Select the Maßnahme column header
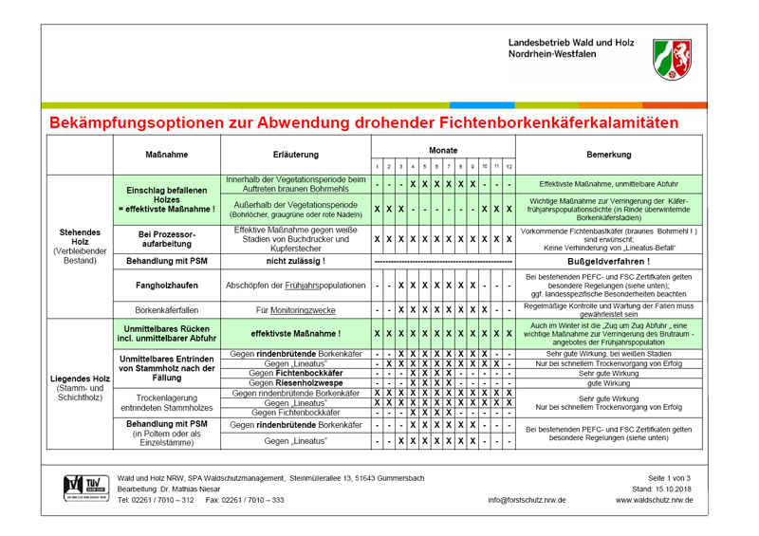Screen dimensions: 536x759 [x=165, y=154]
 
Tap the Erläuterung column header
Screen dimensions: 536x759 [x=295, y=154]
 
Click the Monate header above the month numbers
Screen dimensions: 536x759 [x=443, y=150]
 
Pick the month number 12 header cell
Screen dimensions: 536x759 [x=509, y=167]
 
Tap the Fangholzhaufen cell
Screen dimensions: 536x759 [x=165, y=285]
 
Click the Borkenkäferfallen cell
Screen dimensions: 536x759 [x=165, y=308]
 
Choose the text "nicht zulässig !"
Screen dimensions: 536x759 [x=295, y=260]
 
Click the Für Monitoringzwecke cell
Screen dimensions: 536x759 [x=295, y=308]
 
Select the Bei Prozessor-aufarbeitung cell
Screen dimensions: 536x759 [x=165, y=237]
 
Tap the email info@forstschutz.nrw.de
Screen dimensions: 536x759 [x=527, y=499]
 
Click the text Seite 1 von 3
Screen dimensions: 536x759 [x=670, y=476]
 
